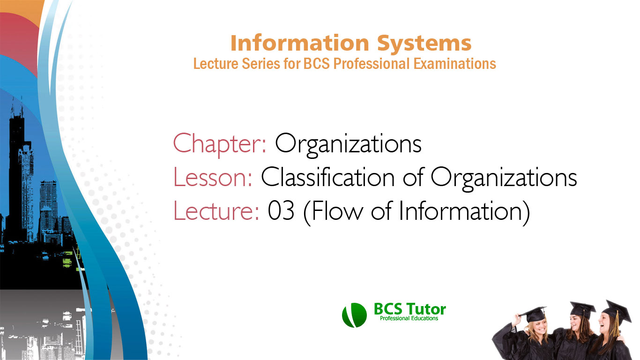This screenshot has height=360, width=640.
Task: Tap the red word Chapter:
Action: pyautogui.click(x=220, y=144)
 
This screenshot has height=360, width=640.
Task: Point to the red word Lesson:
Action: pyautogui.click(x=214, y=178)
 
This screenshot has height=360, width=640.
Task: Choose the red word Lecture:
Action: pyautogui.click(x=216, y=211)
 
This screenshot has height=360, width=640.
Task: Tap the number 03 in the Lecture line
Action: pyautogui.click(x=281, y=212)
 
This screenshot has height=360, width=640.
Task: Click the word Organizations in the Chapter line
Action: pyautogui.click(x=348, y=144)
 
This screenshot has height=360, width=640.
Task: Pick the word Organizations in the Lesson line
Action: pyautogui.click(x=504, y=178)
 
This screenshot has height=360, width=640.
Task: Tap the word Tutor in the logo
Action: pyautogui.click(x=427, y=309)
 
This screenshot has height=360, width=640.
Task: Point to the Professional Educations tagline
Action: pyautogui.click(x=409, y=319)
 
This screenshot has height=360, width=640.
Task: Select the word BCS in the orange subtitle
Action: pyautogui.click(x=318, y=63)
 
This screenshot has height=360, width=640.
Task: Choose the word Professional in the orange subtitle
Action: pyautogui.click(x=372, y=63)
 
